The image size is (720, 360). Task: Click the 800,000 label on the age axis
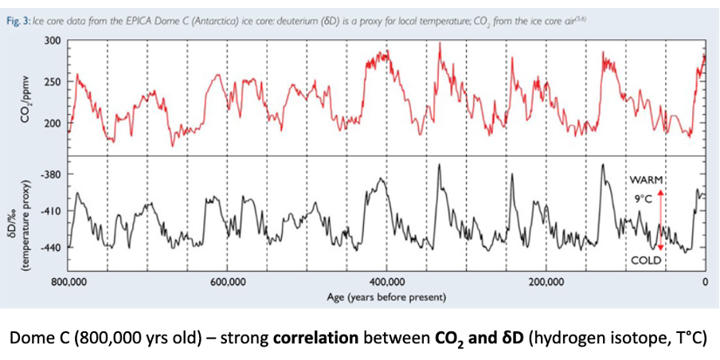[x=69, y=283]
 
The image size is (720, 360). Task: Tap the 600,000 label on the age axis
[x=228, y=283]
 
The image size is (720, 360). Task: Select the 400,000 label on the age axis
[x=387, y=283]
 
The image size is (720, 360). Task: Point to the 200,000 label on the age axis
[x=546, y=283]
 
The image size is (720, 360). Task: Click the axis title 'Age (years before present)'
[x=386, y=297]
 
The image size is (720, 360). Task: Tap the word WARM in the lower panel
[x=646, y=178]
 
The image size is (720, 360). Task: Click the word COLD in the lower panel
[x=646, y=260]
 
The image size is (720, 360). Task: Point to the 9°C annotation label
[x=644, y=198]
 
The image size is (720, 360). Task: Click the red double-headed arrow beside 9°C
[x=660, y=220]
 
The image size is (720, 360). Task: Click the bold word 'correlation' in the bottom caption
[x=315, y=337]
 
